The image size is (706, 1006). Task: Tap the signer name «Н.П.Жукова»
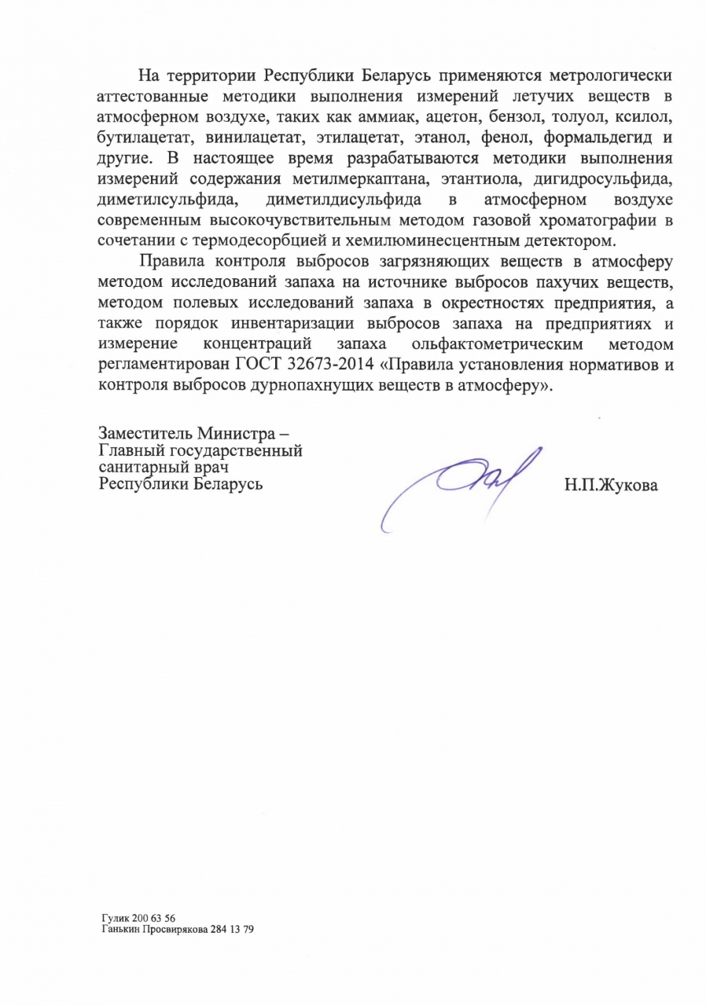610,485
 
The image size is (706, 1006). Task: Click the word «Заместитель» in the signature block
145,433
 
